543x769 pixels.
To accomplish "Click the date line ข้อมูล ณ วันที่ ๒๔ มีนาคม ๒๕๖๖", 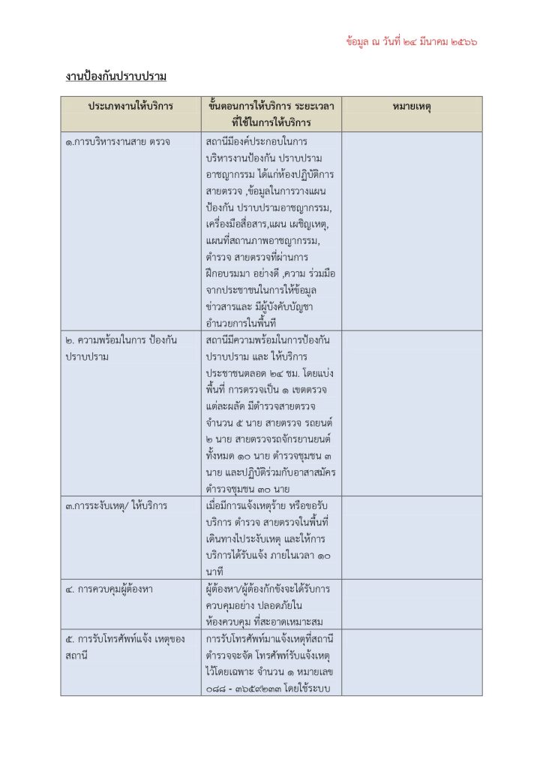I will [x=412, y=42].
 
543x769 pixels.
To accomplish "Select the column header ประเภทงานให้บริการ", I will [x=130, y=106].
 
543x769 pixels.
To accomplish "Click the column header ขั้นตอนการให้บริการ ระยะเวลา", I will [x=271, y=106].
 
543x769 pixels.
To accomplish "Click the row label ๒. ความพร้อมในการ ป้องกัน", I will [x=120, y=340].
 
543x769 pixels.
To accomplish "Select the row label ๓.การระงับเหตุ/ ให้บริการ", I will [x=116, y=505].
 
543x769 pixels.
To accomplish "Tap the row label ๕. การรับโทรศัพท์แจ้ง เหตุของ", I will [x=124, y=639].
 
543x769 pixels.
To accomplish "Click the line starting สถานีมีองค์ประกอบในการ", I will [x=250, y=140].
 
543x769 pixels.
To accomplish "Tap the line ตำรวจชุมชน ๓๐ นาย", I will [x=249, y=489].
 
